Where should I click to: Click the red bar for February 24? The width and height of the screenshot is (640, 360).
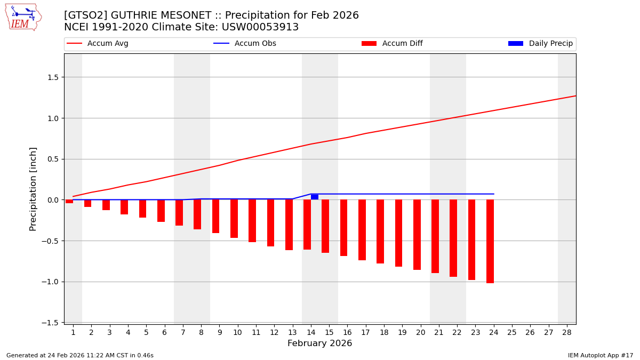[490, 241]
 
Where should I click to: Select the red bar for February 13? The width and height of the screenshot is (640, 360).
[289, 225]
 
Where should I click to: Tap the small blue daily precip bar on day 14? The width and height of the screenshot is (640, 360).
[315, 197]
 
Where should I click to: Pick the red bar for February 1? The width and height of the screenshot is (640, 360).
[69, 202]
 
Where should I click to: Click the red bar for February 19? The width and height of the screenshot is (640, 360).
[399, 233]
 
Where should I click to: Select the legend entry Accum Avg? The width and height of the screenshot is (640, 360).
[98, 44]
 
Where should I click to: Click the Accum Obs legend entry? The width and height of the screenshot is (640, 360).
[245, 44]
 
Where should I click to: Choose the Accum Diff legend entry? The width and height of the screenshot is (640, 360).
[392, 44]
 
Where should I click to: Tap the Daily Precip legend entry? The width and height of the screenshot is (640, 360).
[541, 44]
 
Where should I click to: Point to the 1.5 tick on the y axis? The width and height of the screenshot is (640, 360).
[53, 77]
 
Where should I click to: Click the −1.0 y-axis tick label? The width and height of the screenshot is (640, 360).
[51, 282]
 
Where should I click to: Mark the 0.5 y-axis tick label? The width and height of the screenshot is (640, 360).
[53, 159]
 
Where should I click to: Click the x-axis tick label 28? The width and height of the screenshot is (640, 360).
[566, 332]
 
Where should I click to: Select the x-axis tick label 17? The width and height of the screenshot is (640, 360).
[365, 332]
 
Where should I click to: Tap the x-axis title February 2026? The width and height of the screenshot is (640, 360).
[319, 343]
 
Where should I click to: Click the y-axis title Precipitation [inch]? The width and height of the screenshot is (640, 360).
[33, 189]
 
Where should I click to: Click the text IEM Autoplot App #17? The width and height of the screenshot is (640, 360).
[600, 355]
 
